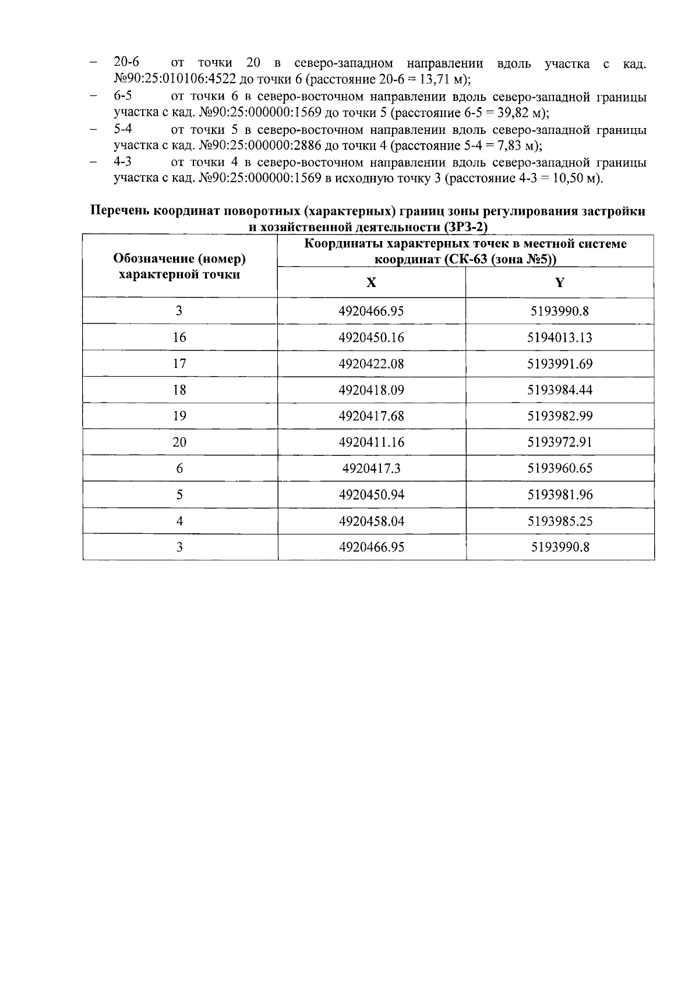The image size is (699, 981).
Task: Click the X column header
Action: click(x=371, y=283)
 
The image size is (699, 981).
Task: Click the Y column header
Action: click(x=560, y=283)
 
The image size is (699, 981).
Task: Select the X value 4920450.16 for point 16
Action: click(x=371, y=338)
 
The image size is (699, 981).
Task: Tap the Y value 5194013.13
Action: click(x=560, y=338)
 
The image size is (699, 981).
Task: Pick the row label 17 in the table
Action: click(x=179, y=364)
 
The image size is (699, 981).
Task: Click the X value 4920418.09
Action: click(x=371, y=390)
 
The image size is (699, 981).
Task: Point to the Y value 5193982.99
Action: click(x=560, y=416)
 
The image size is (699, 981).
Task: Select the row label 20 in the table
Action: click(x=179, y=442)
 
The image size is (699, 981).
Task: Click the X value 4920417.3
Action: click(x=371, y=469)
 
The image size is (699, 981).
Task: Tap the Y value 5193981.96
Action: click(x=560, y=495)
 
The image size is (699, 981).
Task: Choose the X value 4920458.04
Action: click(x=371, y=521)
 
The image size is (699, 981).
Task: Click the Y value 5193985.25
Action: click(x=560, y=521)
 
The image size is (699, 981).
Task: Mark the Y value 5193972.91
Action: click(x=560, y=442)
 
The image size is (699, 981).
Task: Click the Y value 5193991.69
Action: click(x=560, y=364)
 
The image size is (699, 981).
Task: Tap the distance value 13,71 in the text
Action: click(x=437, y=79)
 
